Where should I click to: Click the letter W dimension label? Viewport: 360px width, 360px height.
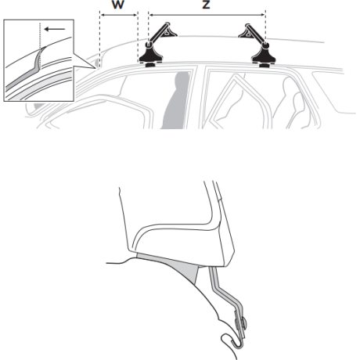click(x=118, y=5)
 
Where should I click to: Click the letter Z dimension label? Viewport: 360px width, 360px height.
click(x=206, y=5)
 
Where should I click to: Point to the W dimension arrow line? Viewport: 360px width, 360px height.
click(x=119, y=15)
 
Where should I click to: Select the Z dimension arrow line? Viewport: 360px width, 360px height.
click(x=207, y=15)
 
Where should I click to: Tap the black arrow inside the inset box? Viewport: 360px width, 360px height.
click(x=54, y=29)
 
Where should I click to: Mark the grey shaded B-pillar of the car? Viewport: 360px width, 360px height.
click(x=175, y=101)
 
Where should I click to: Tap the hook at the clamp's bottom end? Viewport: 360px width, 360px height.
click(x=232, y=341)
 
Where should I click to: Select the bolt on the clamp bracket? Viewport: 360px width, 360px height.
click(x=242, y=324)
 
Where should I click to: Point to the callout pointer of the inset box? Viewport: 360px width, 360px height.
click(x=85, y=61)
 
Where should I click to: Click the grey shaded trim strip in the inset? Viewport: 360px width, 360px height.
click(x=25, y=72)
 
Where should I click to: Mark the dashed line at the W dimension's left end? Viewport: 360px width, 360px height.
click(x=99, y=39)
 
